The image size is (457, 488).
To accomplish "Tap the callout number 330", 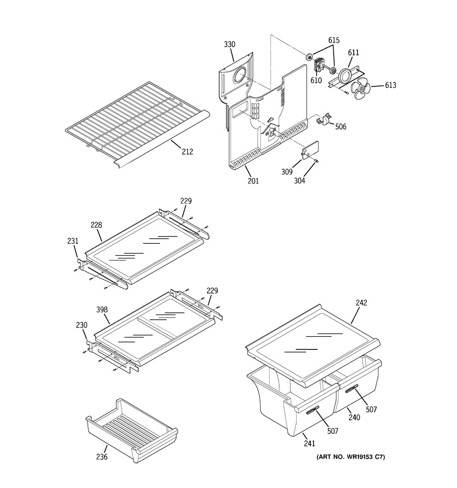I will (x=229, y=44).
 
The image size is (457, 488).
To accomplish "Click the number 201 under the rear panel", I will (x=253, y=181).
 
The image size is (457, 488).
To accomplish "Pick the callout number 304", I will (x=300, y=180).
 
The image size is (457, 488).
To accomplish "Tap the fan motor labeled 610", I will (x=319, y=66).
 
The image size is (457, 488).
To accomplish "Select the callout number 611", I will (x=354, y=53).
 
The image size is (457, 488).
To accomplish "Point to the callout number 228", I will (x=96, y=225).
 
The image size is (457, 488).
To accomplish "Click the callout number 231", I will (x=73, y=241).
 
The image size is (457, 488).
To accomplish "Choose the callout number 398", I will (x=102, y=310).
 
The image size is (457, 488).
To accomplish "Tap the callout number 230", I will (x=81, y=325).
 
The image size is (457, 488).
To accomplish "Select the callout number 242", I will (x=361, y=303).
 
